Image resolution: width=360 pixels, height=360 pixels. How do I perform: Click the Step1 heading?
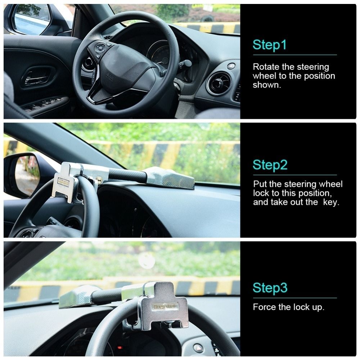tap(270, 45)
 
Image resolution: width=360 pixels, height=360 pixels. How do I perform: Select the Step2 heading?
tap(270, 165)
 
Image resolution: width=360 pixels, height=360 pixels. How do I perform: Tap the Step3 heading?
tap(270, 288)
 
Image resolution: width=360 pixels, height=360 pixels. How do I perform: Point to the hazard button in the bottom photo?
tap(198, 348)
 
